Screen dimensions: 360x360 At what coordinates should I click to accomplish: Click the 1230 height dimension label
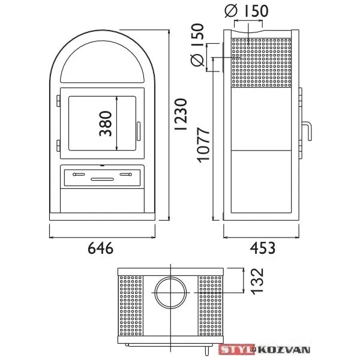tap(181, 115)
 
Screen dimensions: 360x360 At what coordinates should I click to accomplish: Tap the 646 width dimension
tap(101, 248)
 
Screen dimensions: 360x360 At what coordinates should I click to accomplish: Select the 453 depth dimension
tap(263, 248)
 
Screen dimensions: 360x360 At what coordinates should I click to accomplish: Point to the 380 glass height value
tap(106, 124)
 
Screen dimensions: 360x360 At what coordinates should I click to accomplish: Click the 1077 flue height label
tap(204, 145)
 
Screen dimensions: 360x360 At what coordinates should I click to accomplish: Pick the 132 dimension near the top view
tap(257, 281)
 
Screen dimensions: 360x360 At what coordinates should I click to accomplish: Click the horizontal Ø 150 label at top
tap(247, 11)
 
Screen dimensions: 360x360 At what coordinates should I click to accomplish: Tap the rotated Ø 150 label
tap(197, 45)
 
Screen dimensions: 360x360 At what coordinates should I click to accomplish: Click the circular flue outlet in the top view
tap(170, 293)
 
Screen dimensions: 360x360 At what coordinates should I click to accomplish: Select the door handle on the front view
tap(139, 131)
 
